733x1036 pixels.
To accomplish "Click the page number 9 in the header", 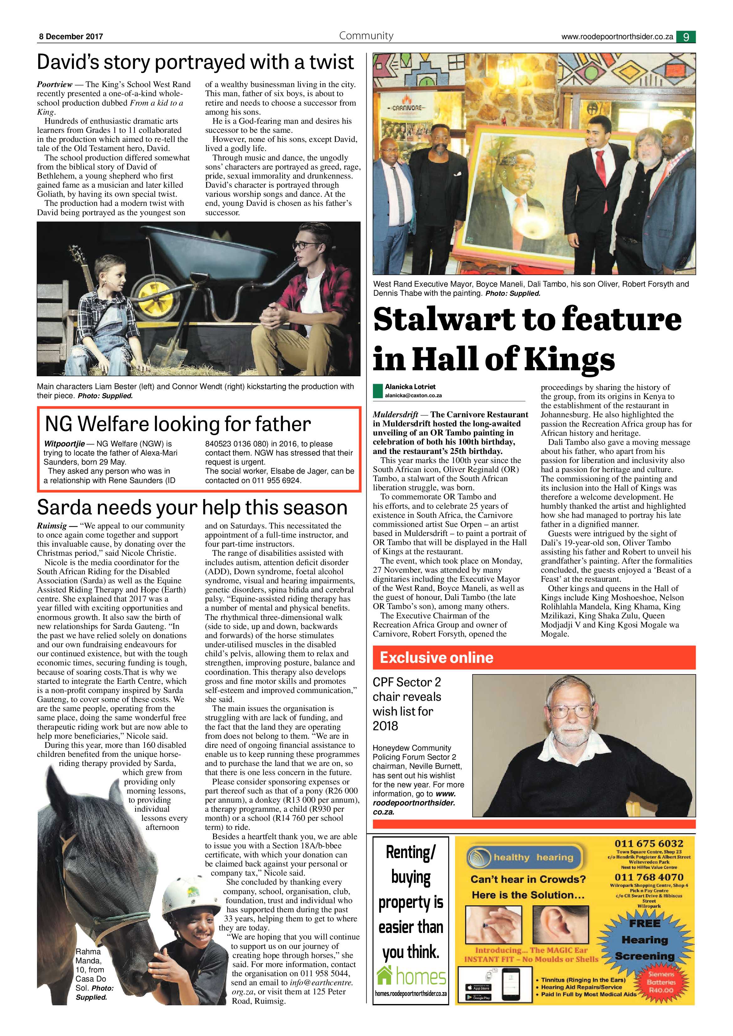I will coord(686,37).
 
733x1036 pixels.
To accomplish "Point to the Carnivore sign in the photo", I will coord(405,108).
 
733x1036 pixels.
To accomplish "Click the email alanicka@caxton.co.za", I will coord(413,395).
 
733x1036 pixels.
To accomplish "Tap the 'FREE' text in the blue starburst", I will coord(645,924).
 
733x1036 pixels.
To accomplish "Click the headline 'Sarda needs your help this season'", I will coord(192,507).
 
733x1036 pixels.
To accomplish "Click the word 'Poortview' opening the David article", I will coord(54,84).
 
